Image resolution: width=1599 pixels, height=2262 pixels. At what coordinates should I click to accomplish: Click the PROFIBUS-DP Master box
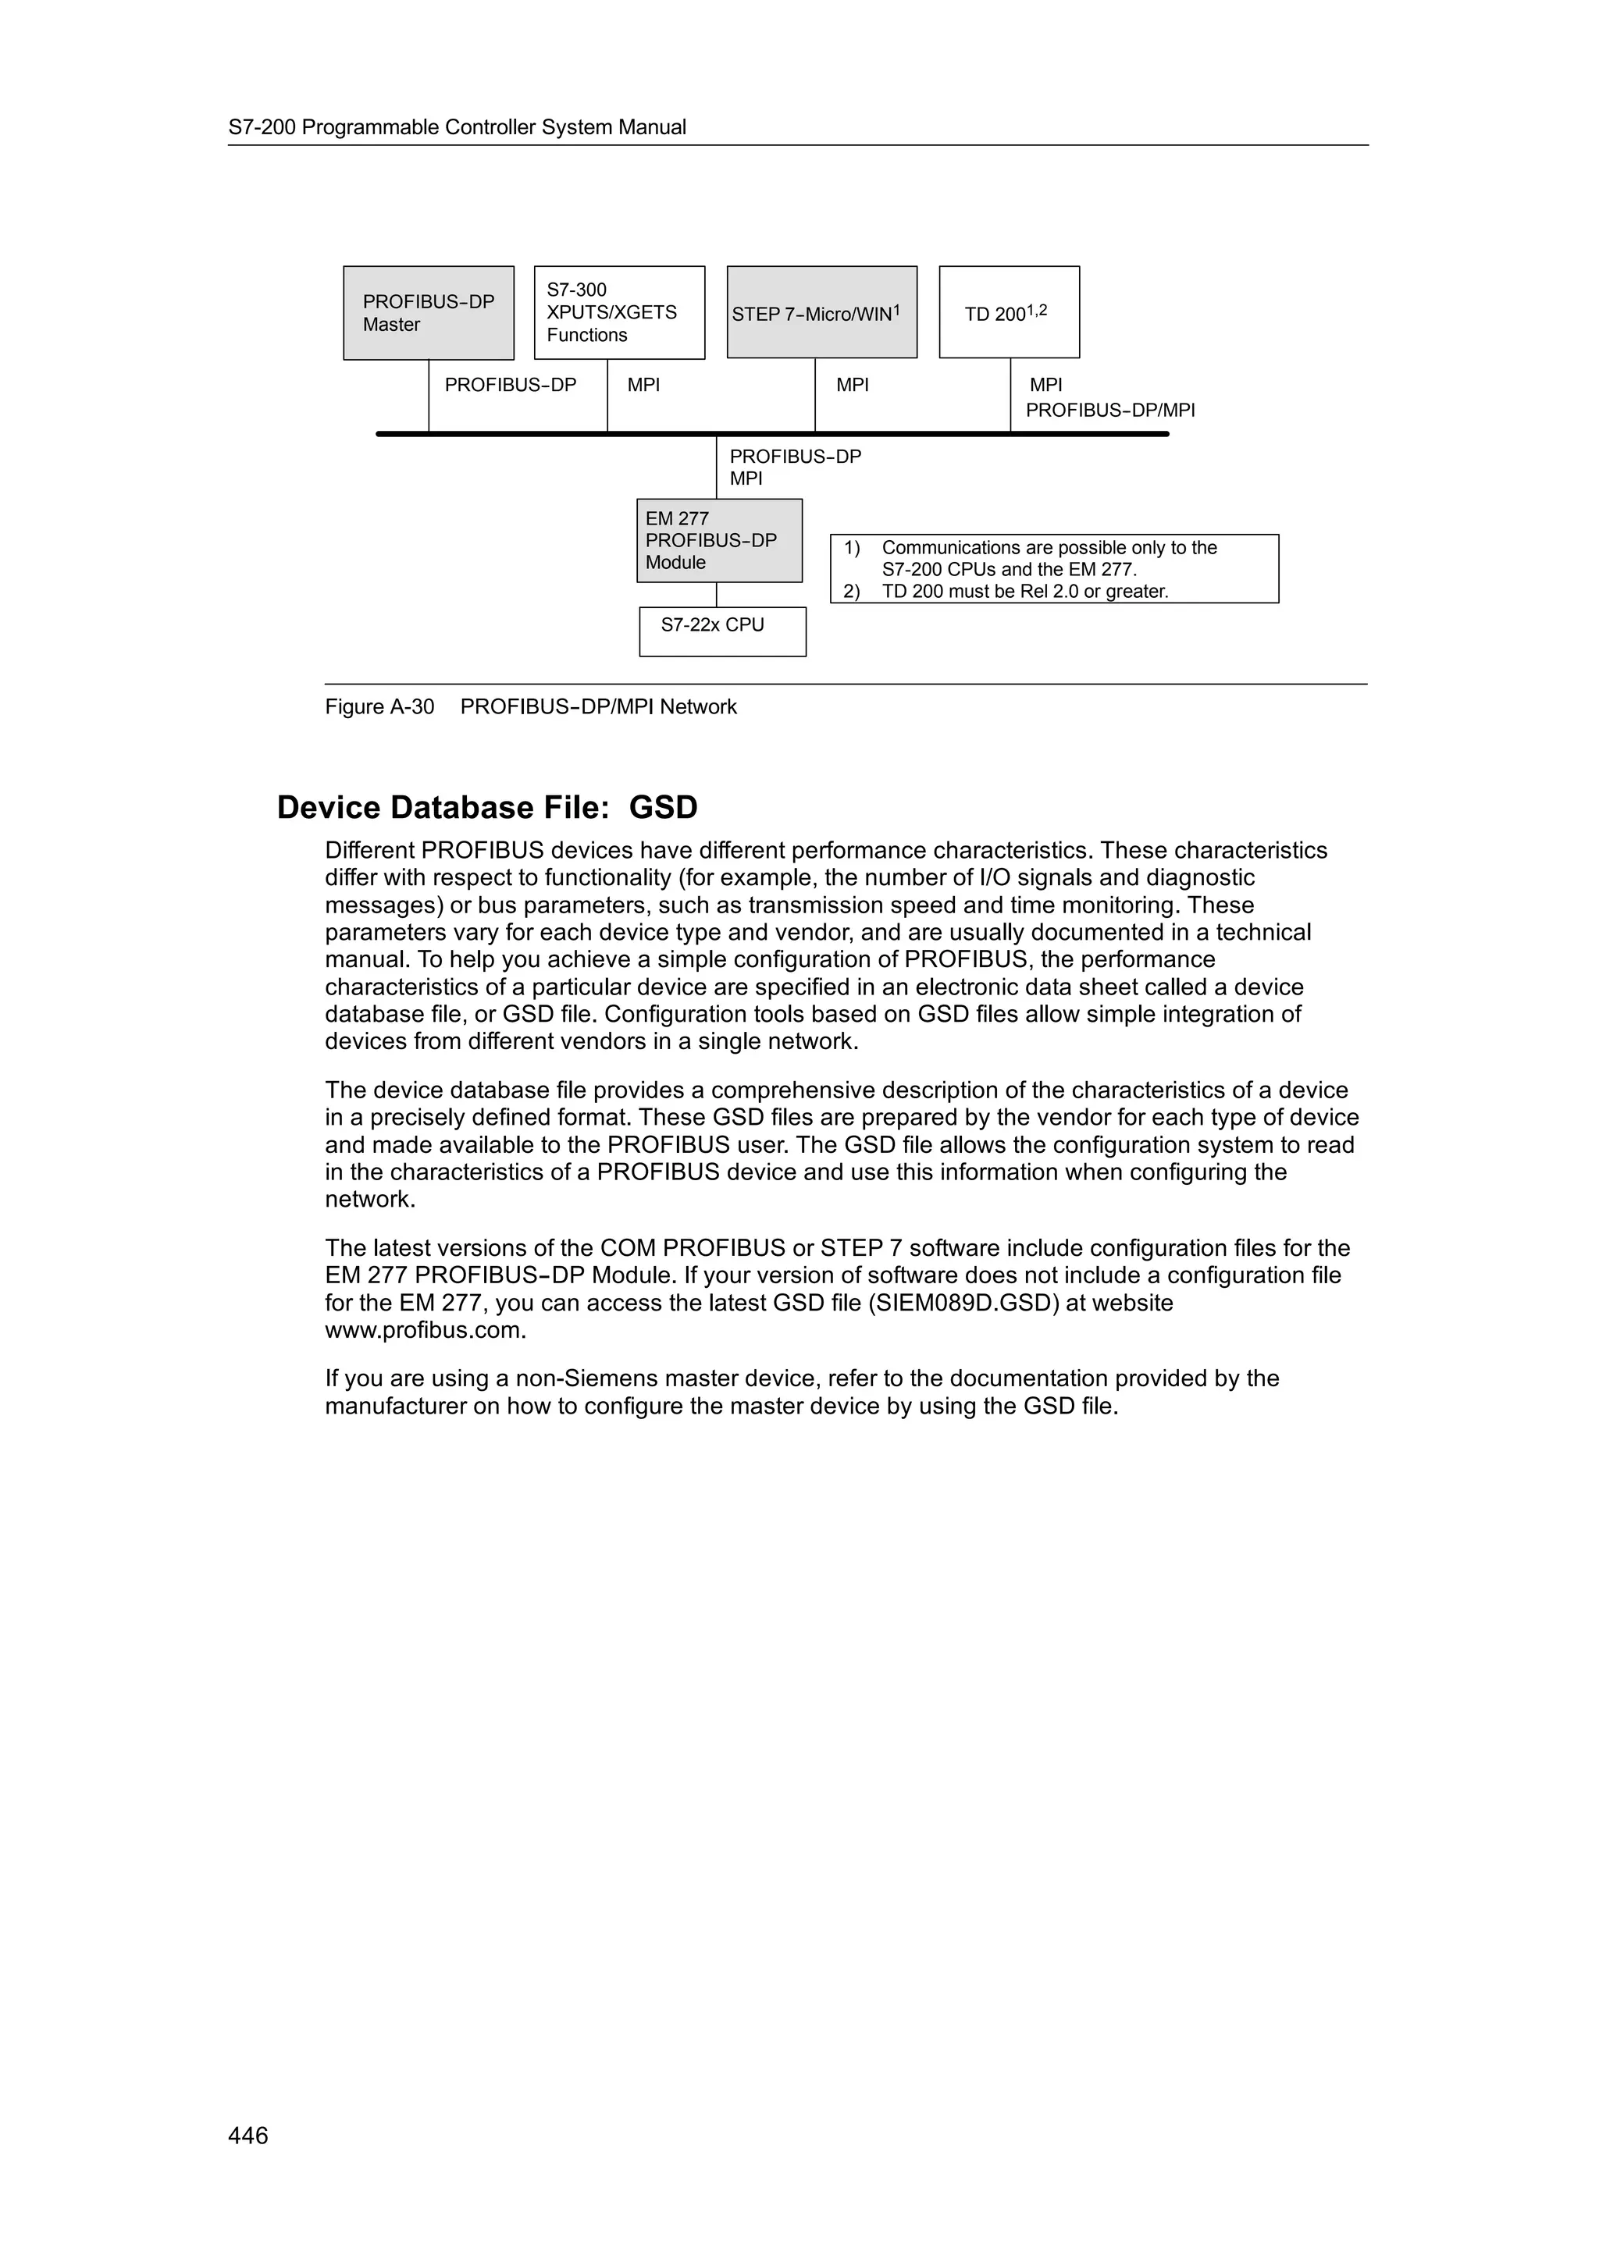point(429,312)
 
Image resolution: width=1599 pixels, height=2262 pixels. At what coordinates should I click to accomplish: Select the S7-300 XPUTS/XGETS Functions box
point(618,312)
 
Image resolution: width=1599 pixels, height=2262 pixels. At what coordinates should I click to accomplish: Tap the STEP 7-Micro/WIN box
point(821,312)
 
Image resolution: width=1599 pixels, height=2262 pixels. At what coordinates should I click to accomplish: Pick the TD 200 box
point(1009,312)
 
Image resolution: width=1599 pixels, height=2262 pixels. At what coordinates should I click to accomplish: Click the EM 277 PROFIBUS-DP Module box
point(719,540)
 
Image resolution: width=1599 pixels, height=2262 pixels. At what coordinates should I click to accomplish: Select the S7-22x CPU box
point(722,631)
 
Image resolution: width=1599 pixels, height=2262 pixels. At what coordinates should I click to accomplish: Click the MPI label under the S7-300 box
point(643,386)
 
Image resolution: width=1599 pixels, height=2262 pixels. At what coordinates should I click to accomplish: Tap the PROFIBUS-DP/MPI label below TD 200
point(1110,410)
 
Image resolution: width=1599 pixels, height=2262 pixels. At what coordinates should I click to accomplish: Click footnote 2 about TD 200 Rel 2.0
point(1024,591)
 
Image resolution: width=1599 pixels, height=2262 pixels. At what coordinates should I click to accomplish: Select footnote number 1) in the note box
point(851,548)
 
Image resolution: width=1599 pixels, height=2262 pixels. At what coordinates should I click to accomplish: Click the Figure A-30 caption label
point(379,706)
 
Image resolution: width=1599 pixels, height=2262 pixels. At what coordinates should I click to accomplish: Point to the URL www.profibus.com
point(425,1330)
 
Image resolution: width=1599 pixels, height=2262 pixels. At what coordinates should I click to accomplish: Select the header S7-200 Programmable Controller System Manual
point(458,127)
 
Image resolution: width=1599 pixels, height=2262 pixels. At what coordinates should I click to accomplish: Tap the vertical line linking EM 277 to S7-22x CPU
point(716,594)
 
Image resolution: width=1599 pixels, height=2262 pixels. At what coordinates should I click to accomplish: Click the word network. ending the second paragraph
point(370,1199)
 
